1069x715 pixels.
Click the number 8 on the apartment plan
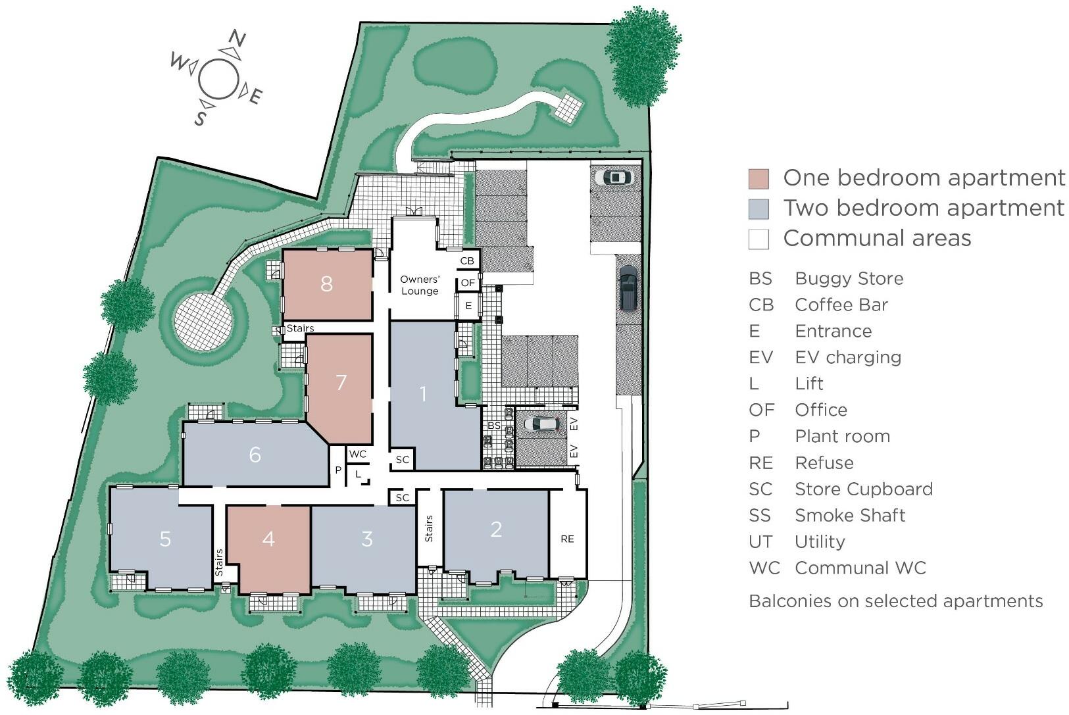pyautogui.click(x=326, y=284)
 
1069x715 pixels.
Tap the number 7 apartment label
pyautogui.click(x=340, y=382)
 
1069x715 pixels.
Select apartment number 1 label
pyautogui.click(x=423, y=394)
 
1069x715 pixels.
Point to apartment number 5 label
pyautogui.click(x=165, y=539)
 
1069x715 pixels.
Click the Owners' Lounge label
pyautogui.click(x=420, y=285)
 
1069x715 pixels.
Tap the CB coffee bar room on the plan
pyautogui.click(x=467, y=261)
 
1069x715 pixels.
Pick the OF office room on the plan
pyautogui.click(x=468, y=283)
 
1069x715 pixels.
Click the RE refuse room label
pyautogui.click(x=567, y=539)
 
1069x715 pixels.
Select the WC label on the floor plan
pyautogui.click(x=358, y=455)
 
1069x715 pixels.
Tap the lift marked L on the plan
pyautogui.click(x=358, y=473)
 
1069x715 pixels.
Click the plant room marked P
pyautogui.click(x=338, y=470)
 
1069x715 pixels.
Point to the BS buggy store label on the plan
pyautogui.click(x=494, y=426)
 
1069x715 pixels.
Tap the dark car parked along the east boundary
pyautogui.click(x=628, y=287)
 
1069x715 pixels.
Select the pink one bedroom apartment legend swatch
pyautogui.click(x=758, y=178)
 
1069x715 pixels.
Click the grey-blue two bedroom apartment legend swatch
pyautogui.click(x=758, y=209)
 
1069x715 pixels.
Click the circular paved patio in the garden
pyautogui.click(x=203, y=320)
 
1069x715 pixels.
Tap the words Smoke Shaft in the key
pyautogui.click(x=850, y=515)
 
